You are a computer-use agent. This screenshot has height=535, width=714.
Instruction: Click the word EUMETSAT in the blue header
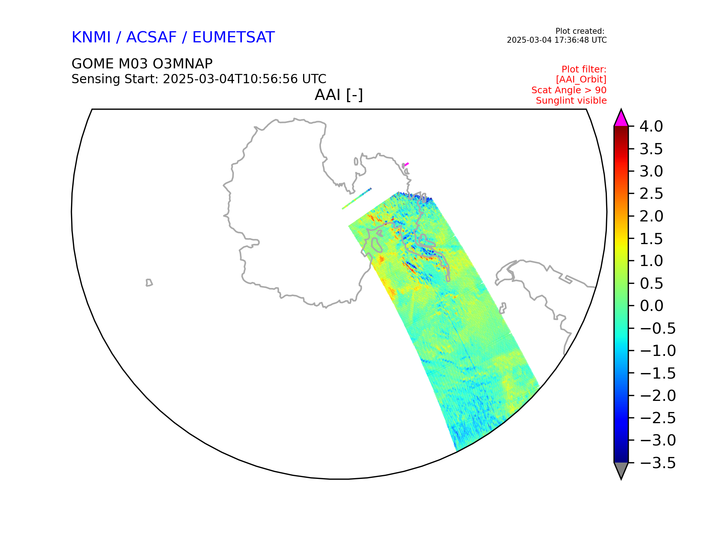tap(234, 38)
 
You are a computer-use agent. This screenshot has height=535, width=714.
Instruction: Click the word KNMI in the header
tap(91, 38)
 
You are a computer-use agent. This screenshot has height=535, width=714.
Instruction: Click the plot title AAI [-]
tap(339, 95)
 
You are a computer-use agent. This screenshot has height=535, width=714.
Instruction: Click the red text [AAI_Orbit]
tap(581, 80)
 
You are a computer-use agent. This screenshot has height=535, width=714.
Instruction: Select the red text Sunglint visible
tap(571, 101)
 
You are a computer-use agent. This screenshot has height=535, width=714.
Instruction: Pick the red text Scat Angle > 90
tap(569, 90)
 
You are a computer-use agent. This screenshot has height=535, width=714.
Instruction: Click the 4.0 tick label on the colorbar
tap(651, 127)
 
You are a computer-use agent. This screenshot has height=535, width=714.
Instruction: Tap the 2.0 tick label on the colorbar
tap(651, 216)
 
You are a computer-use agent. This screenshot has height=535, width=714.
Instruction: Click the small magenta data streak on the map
tap(406, 164)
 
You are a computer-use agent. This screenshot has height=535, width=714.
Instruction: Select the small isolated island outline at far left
tap(149, 283)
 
